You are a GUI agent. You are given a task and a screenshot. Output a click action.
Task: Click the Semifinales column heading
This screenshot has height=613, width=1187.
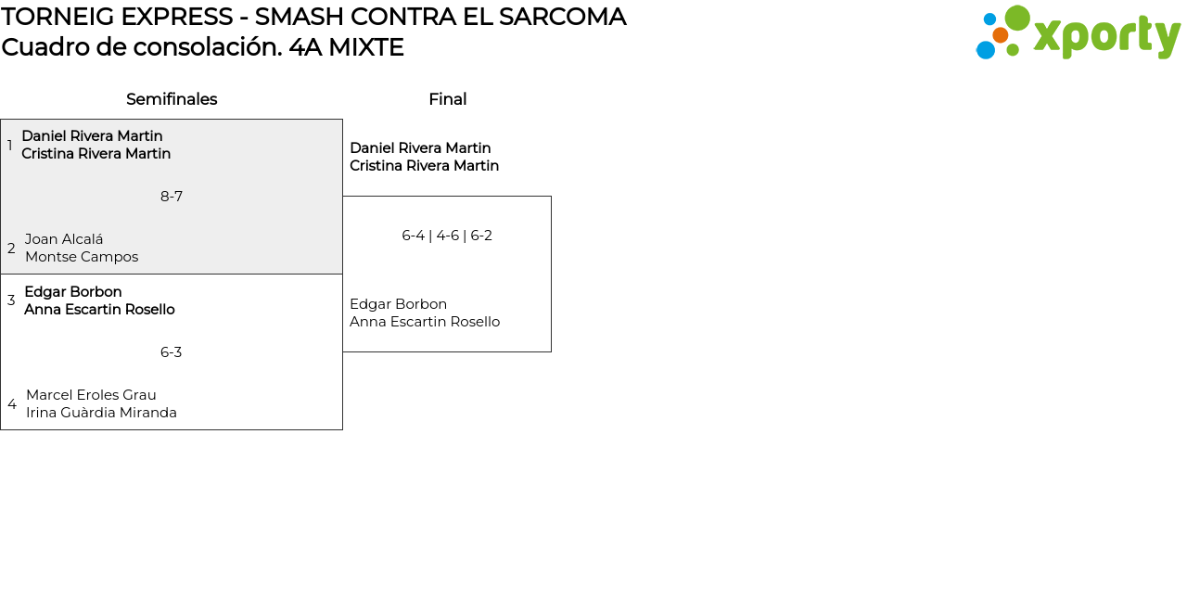(172, 99)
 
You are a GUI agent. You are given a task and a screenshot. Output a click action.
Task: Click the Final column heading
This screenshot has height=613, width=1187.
(447, 99)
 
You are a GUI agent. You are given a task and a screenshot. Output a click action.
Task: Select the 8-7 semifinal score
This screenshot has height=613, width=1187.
(172, 197)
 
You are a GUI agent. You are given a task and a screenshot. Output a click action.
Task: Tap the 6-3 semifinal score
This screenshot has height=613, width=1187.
(172, 352)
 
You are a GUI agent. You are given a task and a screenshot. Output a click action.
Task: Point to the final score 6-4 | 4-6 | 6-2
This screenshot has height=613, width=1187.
(447, 236)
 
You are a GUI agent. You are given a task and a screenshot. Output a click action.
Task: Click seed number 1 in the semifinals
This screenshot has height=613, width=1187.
(10, 146)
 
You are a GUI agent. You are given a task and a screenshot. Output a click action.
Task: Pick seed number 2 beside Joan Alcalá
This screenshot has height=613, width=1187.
(11, 249)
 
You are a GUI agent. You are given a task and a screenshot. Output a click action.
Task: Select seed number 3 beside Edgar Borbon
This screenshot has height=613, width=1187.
(11, 300)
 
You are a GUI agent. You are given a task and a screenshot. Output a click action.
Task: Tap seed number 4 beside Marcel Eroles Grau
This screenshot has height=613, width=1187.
(12, 404)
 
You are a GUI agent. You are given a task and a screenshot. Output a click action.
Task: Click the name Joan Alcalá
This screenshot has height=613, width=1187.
(64, 239)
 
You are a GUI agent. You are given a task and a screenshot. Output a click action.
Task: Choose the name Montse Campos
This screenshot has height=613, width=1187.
(82, 257)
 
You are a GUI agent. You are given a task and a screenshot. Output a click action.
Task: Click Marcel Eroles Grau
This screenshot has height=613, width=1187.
(91, 395)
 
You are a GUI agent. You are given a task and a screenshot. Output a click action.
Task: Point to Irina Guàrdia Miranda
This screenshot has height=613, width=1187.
(101, 413)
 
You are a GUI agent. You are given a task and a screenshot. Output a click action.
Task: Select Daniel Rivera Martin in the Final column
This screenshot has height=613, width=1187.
(420, 148)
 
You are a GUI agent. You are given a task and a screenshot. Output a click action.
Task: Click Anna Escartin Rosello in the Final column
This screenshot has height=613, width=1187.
(425, 322)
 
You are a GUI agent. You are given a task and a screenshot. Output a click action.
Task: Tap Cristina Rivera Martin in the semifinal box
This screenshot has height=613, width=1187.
(96, 154)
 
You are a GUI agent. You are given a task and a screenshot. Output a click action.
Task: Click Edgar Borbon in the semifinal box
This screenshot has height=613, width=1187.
(73, 292)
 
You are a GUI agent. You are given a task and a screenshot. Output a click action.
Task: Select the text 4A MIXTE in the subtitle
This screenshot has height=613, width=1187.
(346, 47)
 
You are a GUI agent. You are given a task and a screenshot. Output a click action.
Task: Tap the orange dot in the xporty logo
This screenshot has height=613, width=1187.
(1000, 35)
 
